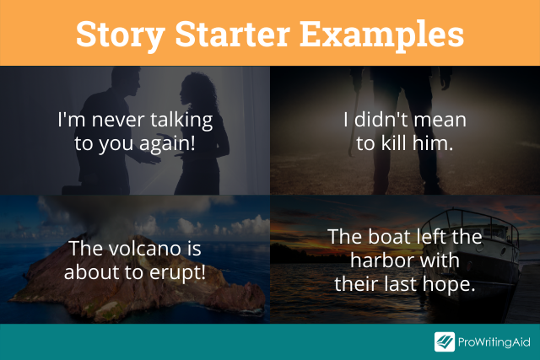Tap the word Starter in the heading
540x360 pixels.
click(233, 34)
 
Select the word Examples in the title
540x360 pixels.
click(382, 35)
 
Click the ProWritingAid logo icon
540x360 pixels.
click(445, 341)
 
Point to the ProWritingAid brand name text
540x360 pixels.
click(494, 342)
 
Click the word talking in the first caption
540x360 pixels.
click(181, 121)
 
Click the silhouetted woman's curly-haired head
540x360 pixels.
click(197, 90)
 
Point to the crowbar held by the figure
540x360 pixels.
click(354, 121)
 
